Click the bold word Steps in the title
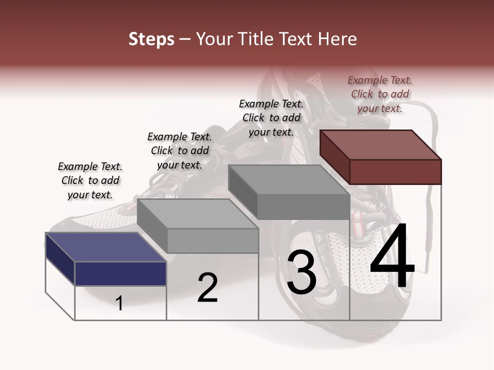pyautogui.click(x=151, y=39)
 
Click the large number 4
pyautogui.click(x=392, y=256)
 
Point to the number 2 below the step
pyautogui.click(x=207, y=288)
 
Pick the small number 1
pyautogui.click(x=119, y=304)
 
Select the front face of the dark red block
pyautogui.click(x=395, y=172)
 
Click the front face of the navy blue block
pyautogui.click(x=120, y=273)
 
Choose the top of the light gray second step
pyautogui.click(x=197, y=213)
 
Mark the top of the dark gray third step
pyautogui.click(x=288, y=179)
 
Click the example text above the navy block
pyautogui.click(x=90, y=180)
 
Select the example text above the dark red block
pyautogui.click(x=380, y=94)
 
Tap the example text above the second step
pyautogui.click(x=180, y=151)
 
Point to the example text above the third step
pyautogui.click(x=271, y=118)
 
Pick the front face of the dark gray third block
pyautogui.click(x=303, y=207)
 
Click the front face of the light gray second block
pyautogui.click(x=213, y=240)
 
